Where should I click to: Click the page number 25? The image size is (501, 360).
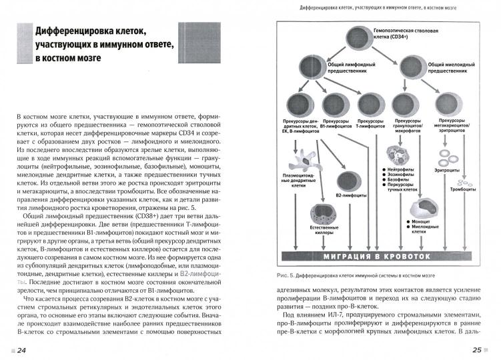click(477, 351)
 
